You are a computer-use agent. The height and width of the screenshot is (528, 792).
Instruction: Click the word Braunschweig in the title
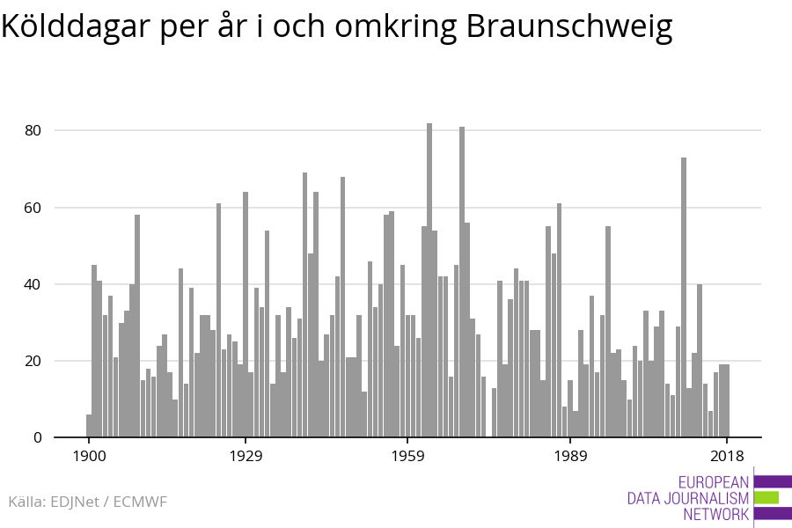[568, 28]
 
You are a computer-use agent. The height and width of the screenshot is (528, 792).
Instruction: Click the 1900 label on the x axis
[89, 456]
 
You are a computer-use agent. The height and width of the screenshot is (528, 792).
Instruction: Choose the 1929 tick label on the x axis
[246, 456]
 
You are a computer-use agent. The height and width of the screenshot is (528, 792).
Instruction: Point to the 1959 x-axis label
[407, 456]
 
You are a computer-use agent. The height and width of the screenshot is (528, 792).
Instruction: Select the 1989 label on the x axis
[569, 456]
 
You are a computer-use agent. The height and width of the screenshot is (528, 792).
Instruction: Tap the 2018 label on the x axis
[727, 456]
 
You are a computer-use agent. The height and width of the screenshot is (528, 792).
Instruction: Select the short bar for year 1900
[89, 426]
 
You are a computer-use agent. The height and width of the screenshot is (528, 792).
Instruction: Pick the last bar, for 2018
[727, 401]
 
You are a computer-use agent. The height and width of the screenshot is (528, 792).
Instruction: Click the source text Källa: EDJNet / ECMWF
[87, 502]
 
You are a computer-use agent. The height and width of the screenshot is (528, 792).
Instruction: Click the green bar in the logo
[766, 497]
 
